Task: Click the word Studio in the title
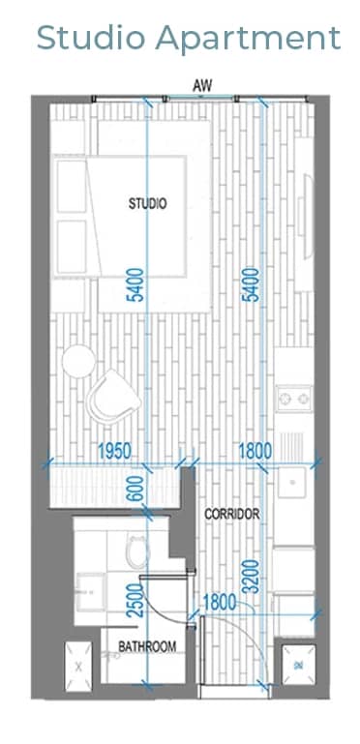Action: pyautogui.click(x=91, y=38)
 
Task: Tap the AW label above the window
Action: pyautogui.click(x=202, y=86)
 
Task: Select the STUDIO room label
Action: pyautogui.click(x=147, y=203)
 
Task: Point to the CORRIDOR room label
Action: pyautogui.click(x=232, y=514)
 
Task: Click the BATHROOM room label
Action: pyautogui.click(x=147, y=646)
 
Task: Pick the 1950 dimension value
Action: pyautogui.click(x=114, y=451)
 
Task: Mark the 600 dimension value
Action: pyautogui.click(x=135, y=488)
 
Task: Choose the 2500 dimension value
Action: pyautogui.click(x=135, y=600)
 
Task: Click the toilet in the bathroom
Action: pyautogui.click(x=138, y=551)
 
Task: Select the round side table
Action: pyautogui.click(x=78, y=361)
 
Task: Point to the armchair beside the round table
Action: pyautogui.click(x=113, y=397)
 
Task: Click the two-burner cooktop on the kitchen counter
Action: pyautogui.click(x=294, y=399)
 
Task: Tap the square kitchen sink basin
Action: pyautogui.click(x=291, y=482)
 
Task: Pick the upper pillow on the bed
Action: pyautogui.click(x=72, y=186)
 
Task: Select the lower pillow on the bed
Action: pyautogui.click(x=72, y=247)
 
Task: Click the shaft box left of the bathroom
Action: pyautogui.click(x=78, y=667)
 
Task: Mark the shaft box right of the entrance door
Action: pyautogui.click(x=298, y=665)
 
